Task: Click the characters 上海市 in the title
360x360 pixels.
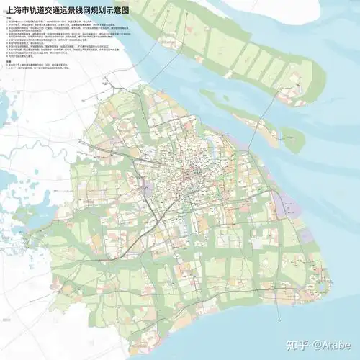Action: [19, 11]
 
